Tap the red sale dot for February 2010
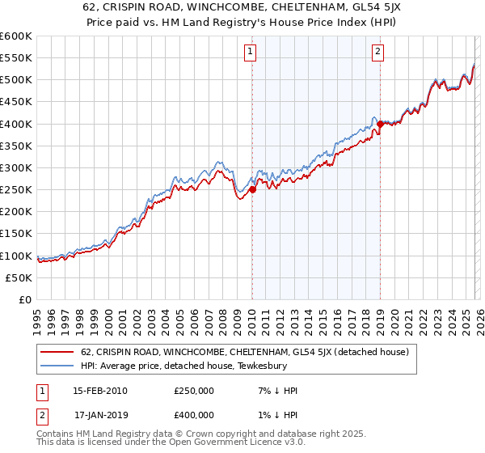coord(252,189)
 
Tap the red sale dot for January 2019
coord(380,124)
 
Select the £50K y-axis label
coord(19,277)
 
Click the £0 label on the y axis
coord(25,299)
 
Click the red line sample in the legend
coord(58,352)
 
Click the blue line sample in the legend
coord(58,365)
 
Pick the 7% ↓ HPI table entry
coord(273,391)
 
